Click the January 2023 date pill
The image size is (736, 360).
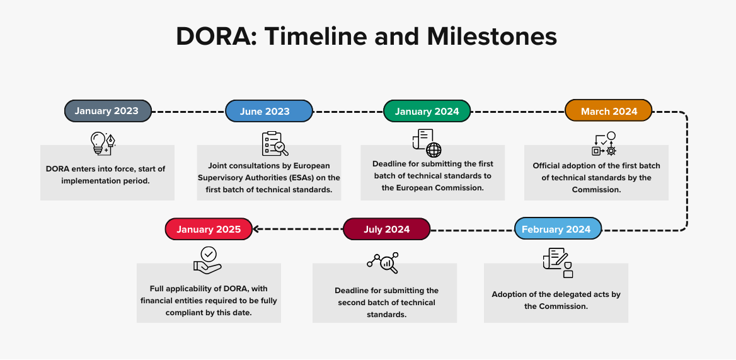tap(108, 111)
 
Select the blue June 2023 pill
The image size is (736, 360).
tap(268, 111)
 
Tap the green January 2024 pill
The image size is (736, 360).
tap(427, 111)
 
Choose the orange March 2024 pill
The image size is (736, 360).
tap(608, 111)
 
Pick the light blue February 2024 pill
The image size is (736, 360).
tap(557, 229)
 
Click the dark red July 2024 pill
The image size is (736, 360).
tap(386, 229)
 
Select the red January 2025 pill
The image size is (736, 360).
tap(209, 229)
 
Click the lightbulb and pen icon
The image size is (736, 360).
tap(103, 144)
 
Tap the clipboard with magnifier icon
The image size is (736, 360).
tap(275, 144)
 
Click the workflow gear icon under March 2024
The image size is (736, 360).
tap(604, 144)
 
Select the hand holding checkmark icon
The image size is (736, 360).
tap(207, 260)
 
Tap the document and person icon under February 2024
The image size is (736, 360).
tap(558, 262)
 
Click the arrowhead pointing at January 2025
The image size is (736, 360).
tap(257, 229)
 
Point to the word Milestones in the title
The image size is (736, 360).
tap(492, 37)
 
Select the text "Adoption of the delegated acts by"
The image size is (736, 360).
tap(556, 294)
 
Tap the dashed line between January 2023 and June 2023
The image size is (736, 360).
tap(188, 111)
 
